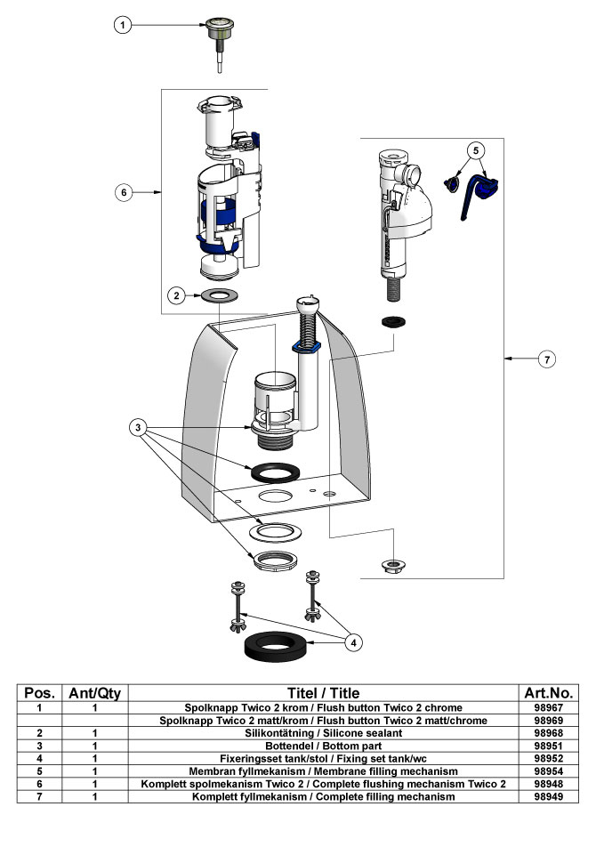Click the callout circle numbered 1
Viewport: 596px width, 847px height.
(x=123, y=25)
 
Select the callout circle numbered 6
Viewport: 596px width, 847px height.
(x=124, y=192)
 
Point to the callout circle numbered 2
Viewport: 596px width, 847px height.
(x=176, y=295)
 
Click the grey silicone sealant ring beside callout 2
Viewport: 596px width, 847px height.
(x=220, y=295)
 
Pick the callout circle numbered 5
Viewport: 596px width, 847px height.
(x=476, y=149)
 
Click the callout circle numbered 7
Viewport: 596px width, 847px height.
(x=547, y=359)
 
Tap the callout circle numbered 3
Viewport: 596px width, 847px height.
(x=138, y=428)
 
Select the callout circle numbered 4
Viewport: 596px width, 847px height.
(x=354, y=642)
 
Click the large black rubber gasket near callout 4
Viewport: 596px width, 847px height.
(x=277, y=646)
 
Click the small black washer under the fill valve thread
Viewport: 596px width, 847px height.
(x=393, y=322)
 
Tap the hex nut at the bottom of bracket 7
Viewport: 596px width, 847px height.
(x=393, y=566)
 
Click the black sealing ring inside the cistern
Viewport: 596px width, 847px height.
(x=276, y=472)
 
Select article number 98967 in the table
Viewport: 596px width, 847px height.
(x=549, y=707)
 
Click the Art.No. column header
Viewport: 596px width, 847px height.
(x=549, y=693)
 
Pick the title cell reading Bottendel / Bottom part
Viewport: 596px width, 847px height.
(x=324, y=746)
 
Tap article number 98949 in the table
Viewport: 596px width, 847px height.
(x=549, y=797)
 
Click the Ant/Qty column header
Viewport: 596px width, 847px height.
(x=94, y=693)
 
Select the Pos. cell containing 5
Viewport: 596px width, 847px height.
(x=39, y=771)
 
